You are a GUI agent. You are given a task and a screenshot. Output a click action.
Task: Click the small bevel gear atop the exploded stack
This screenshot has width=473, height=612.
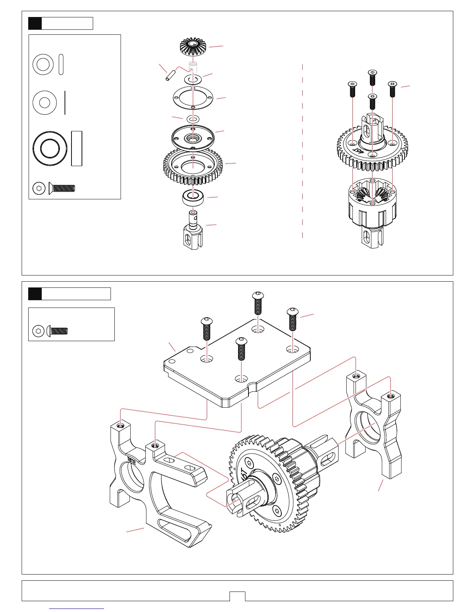pos(194,47)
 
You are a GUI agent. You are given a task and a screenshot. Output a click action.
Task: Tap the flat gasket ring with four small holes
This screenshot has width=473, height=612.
pos(193,97)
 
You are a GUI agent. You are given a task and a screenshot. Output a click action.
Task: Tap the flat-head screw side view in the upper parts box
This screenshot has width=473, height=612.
pos(62,189)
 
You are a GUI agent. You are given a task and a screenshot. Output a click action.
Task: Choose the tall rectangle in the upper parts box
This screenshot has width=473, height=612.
pos(77,148)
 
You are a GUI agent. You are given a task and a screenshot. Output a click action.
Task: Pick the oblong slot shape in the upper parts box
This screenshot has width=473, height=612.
pos(61,64)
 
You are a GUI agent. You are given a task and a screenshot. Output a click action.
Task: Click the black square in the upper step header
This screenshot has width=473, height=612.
pos(35,24)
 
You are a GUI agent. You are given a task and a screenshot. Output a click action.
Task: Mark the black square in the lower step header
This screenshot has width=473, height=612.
pos(35,294)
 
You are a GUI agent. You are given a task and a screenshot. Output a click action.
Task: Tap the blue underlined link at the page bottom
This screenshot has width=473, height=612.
pos(77,609)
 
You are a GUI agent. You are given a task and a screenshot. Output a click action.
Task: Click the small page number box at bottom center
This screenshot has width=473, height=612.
pos(237,596)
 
